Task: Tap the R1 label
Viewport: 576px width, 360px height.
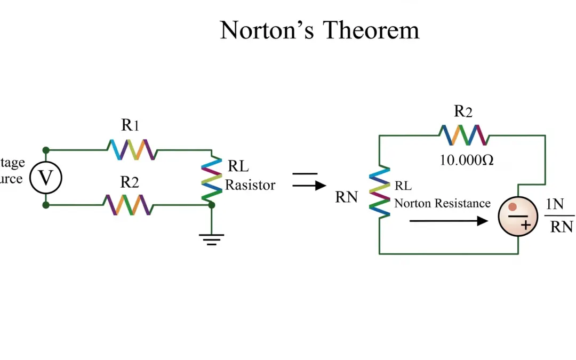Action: (131, 126)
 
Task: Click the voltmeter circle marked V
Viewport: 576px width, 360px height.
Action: (46, 178)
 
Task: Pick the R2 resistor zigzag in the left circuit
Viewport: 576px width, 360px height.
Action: (127, 204)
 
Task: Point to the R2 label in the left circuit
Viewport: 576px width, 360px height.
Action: (130, 182)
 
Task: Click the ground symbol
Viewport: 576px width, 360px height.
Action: (212, 238)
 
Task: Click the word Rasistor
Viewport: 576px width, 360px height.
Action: (250, 185)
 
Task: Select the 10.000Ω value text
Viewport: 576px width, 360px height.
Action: (467, 160)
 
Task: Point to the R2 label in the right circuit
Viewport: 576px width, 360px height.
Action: (463, 111)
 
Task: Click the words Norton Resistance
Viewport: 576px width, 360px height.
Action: (442, 203)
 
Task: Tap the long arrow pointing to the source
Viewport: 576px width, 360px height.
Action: (448, 220)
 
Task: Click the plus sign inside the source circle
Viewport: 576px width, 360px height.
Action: (525, 226)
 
